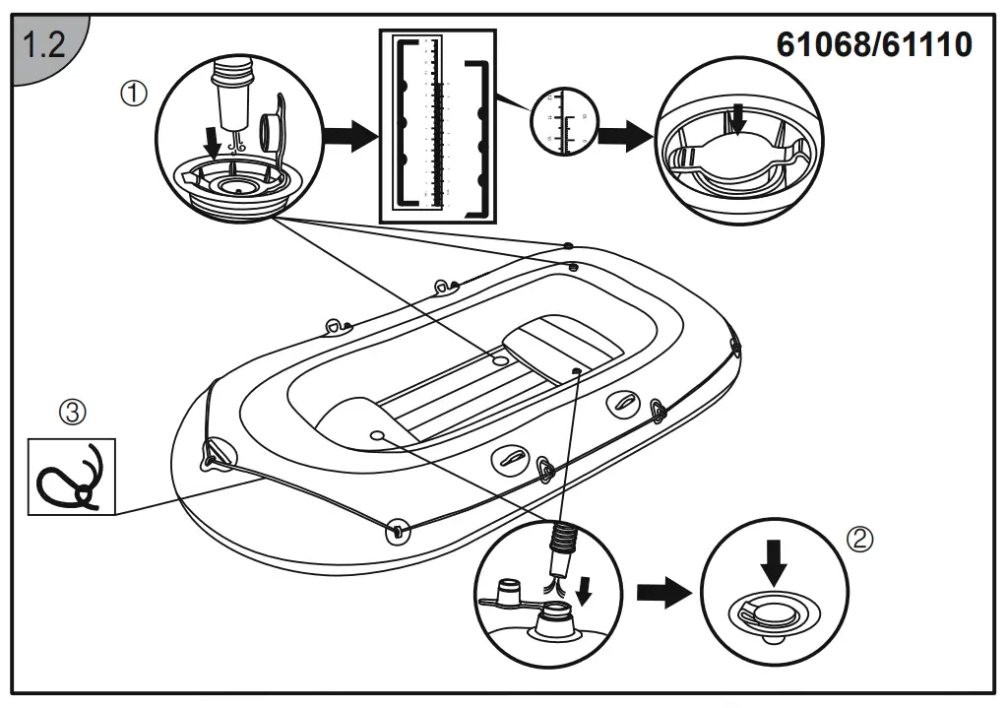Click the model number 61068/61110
(874, 44)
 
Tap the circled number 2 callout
(859, 539)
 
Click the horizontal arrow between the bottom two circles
(662, 592)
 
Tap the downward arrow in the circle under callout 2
(774, 561)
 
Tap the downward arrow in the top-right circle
(738, 119)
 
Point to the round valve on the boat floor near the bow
(376, 434)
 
